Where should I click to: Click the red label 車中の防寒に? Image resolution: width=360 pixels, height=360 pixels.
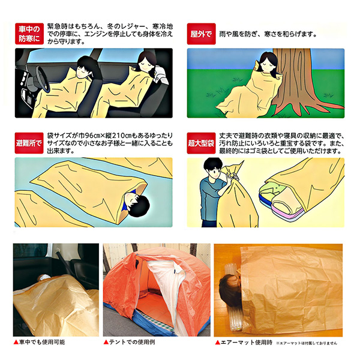(29, 34)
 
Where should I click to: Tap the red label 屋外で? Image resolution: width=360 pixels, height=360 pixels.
(201, 34)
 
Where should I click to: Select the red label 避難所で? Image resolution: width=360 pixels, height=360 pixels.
(29, 143)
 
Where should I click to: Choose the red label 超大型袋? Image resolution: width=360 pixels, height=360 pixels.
(201, 143)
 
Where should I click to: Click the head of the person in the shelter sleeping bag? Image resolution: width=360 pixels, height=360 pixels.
(137, 205)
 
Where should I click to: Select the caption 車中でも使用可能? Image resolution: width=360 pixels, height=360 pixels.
(42, 342)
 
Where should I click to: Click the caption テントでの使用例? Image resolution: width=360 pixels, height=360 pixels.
(132, 342)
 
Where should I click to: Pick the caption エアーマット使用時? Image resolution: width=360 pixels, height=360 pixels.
(247, 343)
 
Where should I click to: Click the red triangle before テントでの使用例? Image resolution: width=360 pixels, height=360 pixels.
(106, 342)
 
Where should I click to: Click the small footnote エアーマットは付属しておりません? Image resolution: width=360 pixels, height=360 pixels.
(306, 343)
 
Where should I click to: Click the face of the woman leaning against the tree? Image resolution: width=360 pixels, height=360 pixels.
(268, 62)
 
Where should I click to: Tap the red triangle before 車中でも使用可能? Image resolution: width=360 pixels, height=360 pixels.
(16, 342)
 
